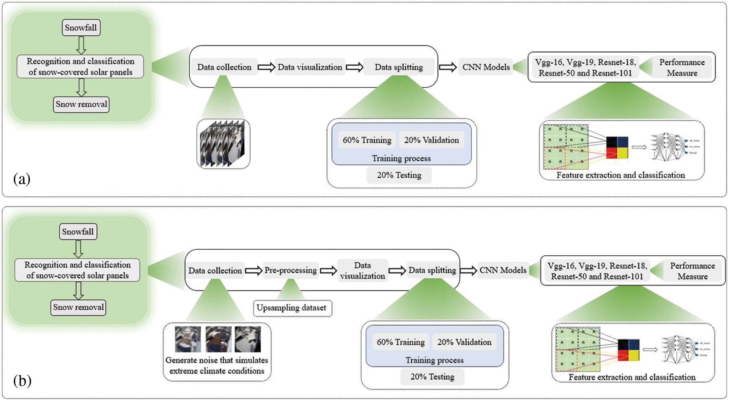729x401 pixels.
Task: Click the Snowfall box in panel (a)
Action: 81,28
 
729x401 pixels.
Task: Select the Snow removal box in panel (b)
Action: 78,307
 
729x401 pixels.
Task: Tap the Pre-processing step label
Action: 290,270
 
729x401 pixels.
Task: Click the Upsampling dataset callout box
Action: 292,308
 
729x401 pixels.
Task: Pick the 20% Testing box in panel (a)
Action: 399,175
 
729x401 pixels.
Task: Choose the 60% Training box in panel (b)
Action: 401,342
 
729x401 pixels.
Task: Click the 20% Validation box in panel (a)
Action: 431,140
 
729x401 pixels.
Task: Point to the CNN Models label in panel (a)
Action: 486,67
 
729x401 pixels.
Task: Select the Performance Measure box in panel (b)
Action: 692,271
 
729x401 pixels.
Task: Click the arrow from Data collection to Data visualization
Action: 266,68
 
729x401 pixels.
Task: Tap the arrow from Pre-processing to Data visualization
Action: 328,271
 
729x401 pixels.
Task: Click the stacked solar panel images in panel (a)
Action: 223,144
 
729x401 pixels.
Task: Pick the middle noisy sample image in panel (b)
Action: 218,339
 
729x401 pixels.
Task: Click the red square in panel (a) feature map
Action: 612,153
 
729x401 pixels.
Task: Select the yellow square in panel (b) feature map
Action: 634,356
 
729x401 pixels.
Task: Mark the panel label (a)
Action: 21,179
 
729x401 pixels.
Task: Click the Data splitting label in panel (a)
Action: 399,67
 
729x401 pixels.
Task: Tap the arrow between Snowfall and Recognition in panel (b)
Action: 78,249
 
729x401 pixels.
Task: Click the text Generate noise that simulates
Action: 217,360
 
